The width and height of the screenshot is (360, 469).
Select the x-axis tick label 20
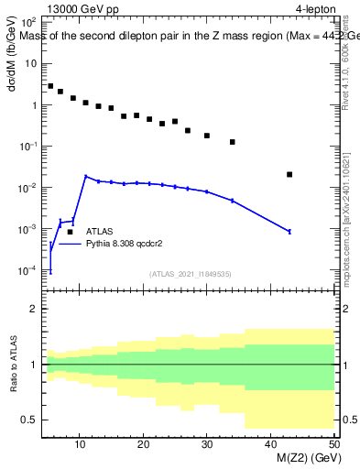click(143, 445)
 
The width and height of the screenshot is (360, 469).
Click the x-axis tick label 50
click(333, 445)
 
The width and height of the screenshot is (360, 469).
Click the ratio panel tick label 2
click(33, 310)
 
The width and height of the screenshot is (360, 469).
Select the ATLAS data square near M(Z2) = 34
click(233, 142)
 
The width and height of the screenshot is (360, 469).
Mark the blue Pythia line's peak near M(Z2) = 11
click(86, 177)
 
